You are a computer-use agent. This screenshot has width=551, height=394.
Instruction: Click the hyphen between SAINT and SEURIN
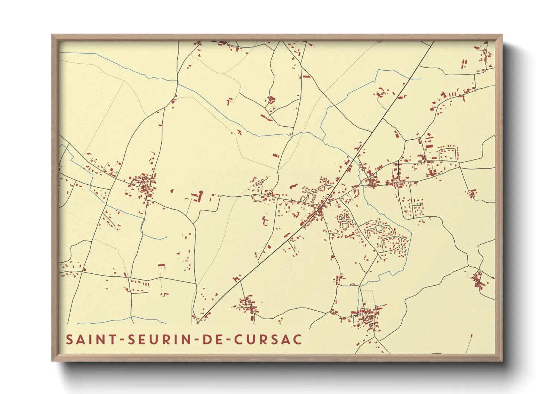[x=122, y=340]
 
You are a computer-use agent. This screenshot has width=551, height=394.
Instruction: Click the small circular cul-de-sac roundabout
[x=400, y=247]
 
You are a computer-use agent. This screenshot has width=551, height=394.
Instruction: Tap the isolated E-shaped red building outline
[x=265, y=221]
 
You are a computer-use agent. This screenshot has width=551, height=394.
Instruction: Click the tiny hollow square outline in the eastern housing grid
[x=419, y=204]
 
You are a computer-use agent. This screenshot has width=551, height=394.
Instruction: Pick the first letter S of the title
[x=69, y=340]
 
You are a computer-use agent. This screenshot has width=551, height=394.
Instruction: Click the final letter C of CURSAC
[x=297, y=340]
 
